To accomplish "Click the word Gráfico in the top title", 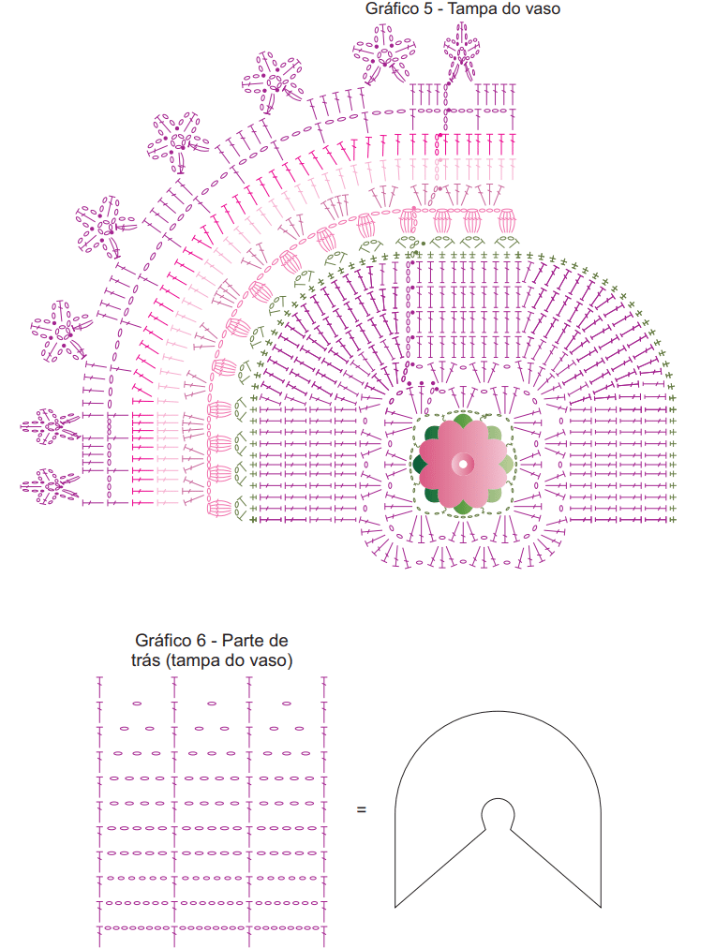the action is coord(392,9).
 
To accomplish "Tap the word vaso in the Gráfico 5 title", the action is coord(543,9).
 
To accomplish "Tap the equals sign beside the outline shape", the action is coord(361,809).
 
